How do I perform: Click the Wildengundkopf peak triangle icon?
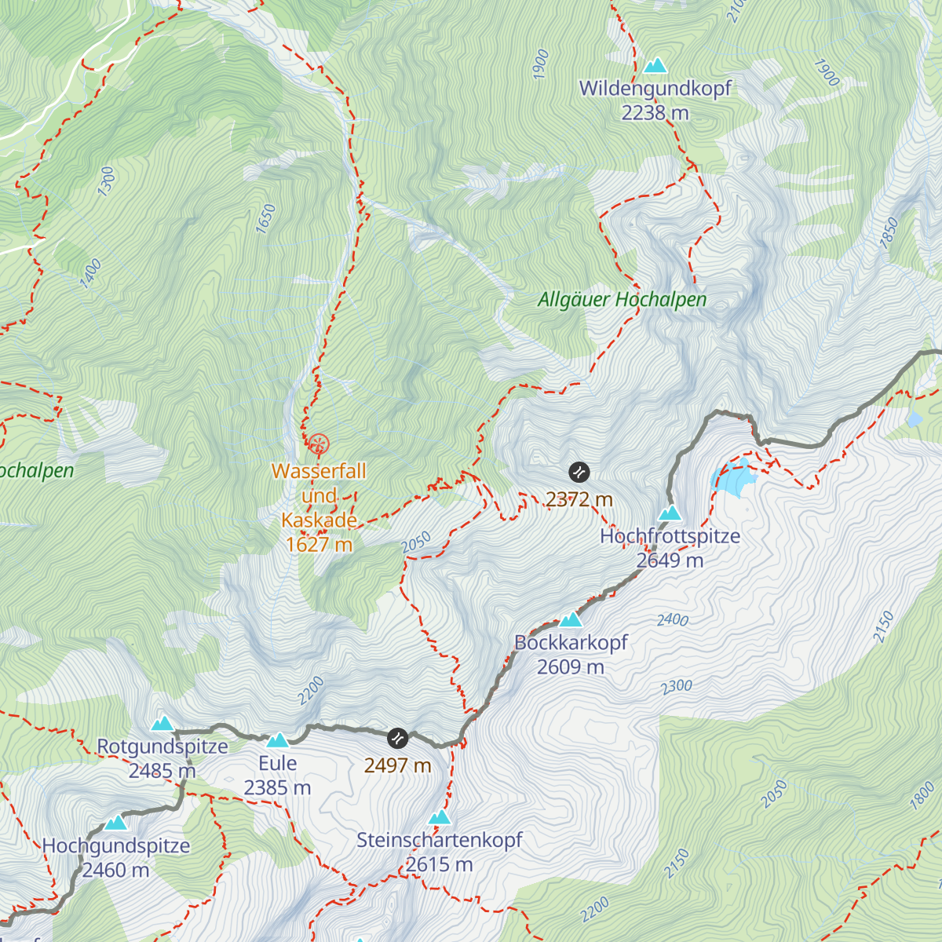655,65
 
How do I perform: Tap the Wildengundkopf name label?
655,89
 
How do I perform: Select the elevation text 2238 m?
655,113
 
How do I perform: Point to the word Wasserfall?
319,471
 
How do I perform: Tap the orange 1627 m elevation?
319,544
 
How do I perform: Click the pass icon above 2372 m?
579,473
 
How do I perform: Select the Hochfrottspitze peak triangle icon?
670,513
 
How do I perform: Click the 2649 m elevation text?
670,560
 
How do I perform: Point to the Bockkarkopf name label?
571,642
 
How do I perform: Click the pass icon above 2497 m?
398,739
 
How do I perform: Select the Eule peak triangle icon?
277,740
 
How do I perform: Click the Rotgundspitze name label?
162,747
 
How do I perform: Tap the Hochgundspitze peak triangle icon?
116,823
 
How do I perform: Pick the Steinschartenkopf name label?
440,840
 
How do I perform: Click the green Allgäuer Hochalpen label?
622,300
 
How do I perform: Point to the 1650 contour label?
266,218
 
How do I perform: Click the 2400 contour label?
673,620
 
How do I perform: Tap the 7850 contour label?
889,233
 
